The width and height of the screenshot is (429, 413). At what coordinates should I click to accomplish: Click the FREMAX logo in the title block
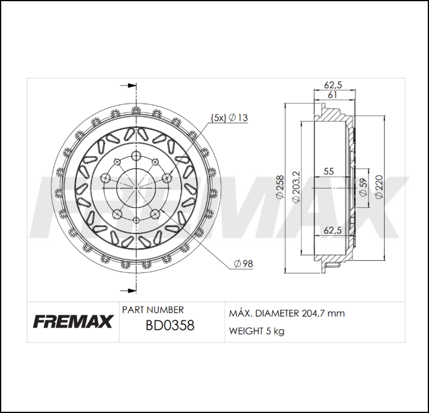click(x=72, y=322)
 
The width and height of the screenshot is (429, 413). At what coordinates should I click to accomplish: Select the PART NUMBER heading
click(x=153, y=310)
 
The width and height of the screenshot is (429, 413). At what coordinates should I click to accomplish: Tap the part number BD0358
click(x=170, y=326)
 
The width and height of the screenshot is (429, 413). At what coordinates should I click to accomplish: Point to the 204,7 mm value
click(x=327, y=313)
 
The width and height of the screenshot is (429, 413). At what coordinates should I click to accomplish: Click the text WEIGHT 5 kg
click(x=256, y=331)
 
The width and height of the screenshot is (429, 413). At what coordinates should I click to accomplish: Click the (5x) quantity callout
click(x=217, y=118)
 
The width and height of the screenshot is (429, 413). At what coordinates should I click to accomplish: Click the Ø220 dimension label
click(x=378, y=187)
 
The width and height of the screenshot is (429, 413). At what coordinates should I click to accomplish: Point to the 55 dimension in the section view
click(x=328, y=172)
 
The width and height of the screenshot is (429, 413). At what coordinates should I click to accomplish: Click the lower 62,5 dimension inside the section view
click(x=332, y=230)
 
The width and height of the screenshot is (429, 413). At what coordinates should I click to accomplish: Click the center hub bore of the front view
click(x=137, y=187)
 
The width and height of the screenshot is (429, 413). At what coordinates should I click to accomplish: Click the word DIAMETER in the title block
click(x=276, y=313)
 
